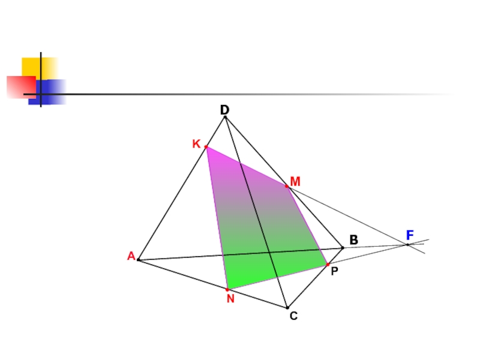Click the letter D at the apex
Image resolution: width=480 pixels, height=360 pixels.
coord(224,110)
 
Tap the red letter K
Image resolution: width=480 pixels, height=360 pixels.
coord(196,145)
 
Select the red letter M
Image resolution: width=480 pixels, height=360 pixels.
coord(295,181)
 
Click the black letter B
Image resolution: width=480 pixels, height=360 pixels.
coord(354,240)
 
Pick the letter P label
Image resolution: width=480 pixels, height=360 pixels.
coord(334,271)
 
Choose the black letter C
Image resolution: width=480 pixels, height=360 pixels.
coord(293,315)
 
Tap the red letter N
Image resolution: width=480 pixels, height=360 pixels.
coord(230,298)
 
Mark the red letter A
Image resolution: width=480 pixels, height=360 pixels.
coord(131,256)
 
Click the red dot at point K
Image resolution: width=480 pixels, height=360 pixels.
coord(206,147)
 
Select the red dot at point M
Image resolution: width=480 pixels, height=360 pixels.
coord(287,187)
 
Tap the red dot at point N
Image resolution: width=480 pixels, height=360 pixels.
coord(227,289)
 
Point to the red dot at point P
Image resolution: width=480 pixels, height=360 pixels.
coord(328,264)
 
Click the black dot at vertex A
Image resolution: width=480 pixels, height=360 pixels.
coord(139,260)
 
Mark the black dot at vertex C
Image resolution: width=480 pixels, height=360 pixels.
coord(287,308)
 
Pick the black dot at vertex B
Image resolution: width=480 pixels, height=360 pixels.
coord(343,247)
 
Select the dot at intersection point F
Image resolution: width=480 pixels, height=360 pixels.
coord(407,244)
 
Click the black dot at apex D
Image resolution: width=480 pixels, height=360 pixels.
coord(225,117)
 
